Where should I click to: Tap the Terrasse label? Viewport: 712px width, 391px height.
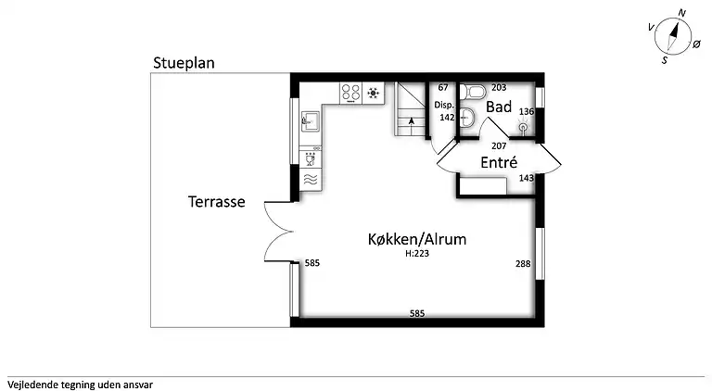pyautogui.click(x=216, y=201)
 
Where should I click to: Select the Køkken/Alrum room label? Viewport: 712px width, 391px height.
pyautogui.click(x=416, y=239)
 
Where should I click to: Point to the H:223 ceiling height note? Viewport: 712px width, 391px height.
pyautogui.click(x=417, y=253)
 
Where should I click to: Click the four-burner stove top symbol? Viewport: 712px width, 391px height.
pyautogui.click(x=351, y=92)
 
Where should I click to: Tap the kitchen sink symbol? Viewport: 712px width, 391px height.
pyautogui.click(x=309, y=120)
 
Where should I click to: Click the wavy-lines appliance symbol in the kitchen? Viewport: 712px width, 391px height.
pyautogui.click(x=310, y=180)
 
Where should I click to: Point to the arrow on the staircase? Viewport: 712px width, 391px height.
pyautogui.click(x=410, y=120)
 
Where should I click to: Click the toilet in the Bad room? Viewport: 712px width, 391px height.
pyautogui.click(x=477, y=91)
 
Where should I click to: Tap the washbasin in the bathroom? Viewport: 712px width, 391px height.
pyautogui.click(x=468, y=116)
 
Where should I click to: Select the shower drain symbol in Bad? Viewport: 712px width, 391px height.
pyautogui.click(x=523, y=127)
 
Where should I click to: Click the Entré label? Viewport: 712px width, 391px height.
pyautogui.click(x=498, y=162)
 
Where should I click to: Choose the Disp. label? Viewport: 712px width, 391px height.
pyautogui.click(x=444, y=106)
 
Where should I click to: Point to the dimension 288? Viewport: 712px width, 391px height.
pyautogui.click(x=523, y=264)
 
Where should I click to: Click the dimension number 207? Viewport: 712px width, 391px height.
pyautogui.click(x=498, y=146)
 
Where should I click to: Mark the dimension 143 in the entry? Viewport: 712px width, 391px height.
pyautogui.click(x=526, y=178)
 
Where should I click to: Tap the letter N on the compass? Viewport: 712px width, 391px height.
pyautogui.click(x=681, y=13)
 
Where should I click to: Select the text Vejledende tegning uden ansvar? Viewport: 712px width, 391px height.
pyautogui.click(x=80, y=383)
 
